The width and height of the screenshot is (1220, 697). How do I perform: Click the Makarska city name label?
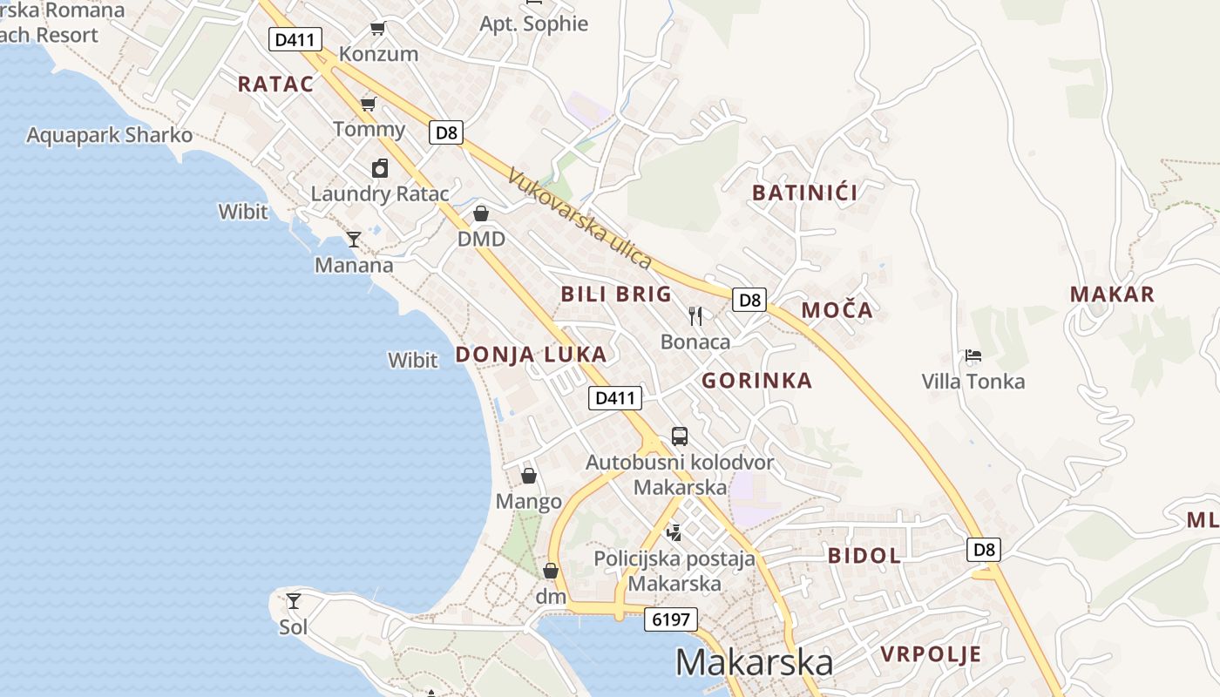click(x=754, y=663)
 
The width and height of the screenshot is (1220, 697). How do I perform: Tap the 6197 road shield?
click(x=671, y=620)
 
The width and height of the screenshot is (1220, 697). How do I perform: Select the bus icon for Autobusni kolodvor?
click(x=680, y=436)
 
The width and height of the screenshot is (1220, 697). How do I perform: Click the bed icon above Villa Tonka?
click(x=973, y=355)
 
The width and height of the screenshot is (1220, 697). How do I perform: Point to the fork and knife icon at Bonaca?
click(x=695, y=315)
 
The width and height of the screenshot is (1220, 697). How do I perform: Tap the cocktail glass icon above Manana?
click(x=354, y=239)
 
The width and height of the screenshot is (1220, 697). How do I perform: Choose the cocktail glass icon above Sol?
click(x=294, y=600)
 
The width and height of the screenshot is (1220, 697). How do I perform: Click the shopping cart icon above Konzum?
click(x=378, y=28)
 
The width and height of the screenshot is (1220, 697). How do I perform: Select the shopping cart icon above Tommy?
click(x=369, y=104)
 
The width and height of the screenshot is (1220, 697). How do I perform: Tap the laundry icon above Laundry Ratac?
click(x=380, y=168)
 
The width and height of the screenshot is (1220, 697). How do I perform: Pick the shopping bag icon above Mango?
click(x=528, y=476)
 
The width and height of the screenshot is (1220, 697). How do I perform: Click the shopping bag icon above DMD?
click(x=481, y=213)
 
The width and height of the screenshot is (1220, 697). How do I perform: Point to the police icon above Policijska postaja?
click(x=674, y=531)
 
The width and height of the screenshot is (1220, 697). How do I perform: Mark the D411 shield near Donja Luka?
click(x=615, y=398)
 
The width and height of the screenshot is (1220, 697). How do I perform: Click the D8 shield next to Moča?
click(x=749, y=301)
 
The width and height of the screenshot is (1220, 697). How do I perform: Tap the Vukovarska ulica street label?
click(x=579, y=219)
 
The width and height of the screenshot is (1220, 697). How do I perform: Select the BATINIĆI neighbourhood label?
click(x=804, y=193)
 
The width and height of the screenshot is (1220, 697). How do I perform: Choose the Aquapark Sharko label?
click(x=110, y=136)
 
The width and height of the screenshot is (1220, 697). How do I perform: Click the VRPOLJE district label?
click(x=931, y=654)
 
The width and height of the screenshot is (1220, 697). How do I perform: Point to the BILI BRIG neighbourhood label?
click(x=616, y=294)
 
